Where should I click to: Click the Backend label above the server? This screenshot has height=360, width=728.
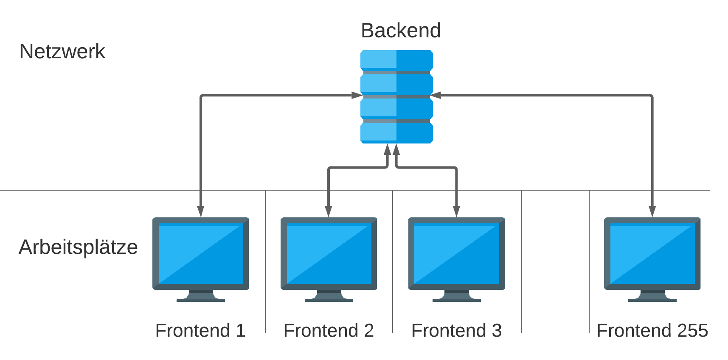[x=401, y=31]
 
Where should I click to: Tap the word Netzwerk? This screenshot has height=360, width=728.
[x=62, y=51]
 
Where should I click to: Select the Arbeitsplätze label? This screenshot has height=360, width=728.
[x=78, y=247]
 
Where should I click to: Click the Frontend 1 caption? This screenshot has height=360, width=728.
[x=200, y=330]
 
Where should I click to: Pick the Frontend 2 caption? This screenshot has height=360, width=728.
[x=329, y=330]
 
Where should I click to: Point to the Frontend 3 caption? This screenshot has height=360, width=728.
[x=456, y=330]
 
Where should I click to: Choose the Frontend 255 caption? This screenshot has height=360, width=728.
[x=652, y=330]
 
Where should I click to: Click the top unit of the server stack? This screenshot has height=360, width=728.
[x=396, y=59]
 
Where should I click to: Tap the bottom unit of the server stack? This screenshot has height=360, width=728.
[x=396, y=132]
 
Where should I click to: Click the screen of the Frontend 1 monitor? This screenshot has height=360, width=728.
[x=200, y=253]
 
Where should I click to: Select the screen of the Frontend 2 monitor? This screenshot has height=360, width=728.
[x=329, y=253]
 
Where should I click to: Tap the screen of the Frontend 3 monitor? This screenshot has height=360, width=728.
[x=456, y=253]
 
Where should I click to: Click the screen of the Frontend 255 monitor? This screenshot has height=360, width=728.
[x=652, y=253]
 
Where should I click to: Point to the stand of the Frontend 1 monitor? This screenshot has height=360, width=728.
[x=200, y=296]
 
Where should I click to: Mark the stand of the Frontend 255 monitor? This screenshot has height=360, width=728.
[x=652, y=296]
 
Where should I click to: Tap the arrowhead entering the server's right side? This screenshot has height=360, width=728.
[x=436, y=95]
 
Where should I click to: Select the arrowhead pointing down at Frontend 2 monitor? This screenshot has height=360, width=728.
[x=329, y=211]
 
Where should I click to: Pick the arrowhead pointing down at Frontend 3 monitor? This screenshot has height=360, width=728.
[x=456, y=211]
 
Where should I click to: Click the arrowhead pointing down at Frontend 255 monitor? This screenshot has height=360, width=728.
[x=652, y=211]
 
